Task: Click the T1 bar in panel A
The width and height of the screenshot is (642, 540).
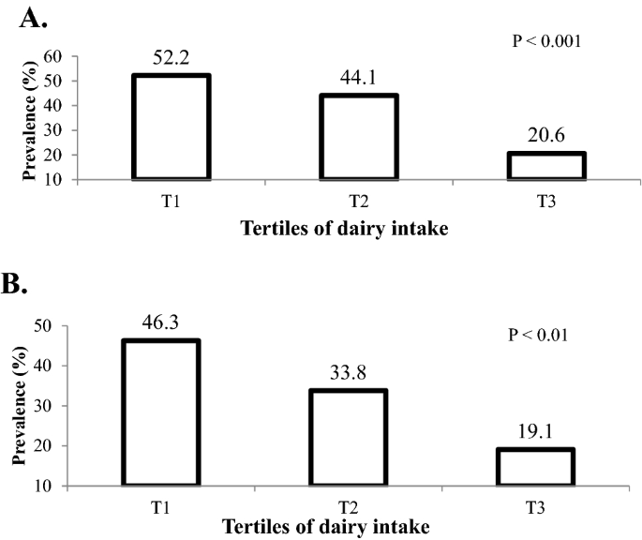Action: point(172,127)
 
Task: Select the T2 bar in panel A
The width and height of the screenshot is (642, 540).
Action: point(359,137)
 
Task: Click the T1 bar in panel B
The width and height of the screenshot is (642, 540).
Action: point(160,412)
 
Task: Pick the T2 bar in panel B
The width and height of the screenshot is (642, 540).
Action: point(348,438)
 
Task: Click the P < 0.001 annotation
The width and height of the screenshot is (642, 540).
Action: point(546,40)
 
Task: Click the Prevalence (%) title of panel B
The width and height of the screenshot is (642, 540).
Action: point(19,405)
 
